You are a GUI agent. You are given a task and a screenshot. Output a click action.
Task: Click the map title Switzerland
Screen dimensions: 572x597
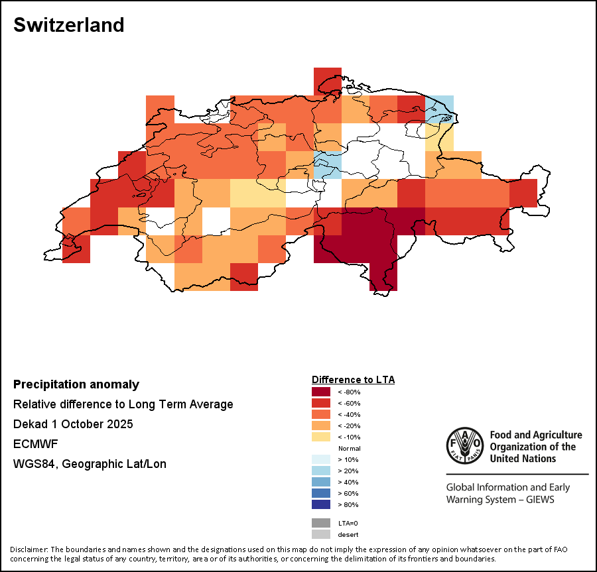tap(69, 25)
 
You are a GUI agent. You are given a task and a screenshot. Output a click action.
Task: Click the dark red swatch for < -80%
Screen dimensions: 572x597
tap(321, 392)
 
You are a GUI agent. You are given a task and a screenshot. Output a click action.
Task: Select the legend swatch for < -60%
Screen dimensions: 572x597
tap(321, 403)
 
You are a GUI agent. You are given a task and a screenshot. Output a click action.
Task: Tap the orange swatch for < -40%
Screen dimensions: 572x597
tap(321, 414)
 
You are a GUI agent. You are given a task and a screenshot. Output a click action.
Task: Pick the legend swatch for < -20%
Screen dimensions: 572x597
tap(321, 426)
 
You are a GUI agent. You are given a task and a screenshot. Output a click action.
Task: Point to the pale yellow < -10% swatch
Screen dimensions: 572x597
tap(321, 437)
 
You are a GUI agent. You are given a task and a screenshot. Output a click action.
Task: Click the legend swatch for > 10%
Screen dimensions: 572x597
tap(321, 459)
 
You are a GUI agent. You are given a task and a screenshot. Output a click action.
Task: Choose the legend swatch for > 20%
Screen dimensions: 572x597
tap(321, 471)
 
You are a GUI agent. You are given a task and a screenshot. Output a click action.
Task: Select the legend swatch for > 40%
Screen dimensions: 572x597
tap(321, 482)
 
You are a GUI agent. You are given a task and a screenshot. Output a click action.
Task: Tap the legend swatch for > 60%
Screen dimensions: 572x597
tap(321, 493)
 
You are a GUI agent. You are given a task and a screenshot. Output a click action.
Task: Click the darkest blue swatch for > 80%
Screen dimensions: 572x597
tap(321, 504)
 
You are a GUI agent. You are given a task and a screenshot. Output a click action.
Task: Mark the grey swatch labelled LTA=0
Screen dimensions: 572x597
tap(321, 523)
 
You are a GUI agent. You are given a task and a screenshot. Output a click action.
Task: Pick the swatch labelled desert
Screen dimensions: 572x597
tap(321, 534)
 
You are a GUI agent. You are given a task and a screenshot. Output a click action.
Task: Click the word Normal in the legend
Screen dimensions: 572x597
tap(349, 449)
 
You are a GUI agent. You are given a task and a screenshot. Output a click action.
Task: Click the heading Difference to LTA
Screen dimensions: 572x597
tap(353, 380)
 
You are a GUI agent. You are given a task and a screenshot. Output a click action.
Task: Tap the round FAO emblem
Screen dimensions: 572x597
tap(464, 444)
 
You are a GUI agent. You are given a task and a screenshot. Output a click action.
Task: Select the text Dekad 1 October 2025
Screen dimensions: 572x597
tap(73, 424)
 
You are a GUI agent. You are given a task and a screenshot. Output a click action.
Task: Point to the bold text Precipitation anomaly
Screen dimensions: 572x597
tap(76, 384)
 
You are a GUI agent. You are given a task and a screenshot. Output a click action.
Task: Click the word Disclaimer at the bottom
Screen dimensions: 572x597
tap(29, 549)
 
